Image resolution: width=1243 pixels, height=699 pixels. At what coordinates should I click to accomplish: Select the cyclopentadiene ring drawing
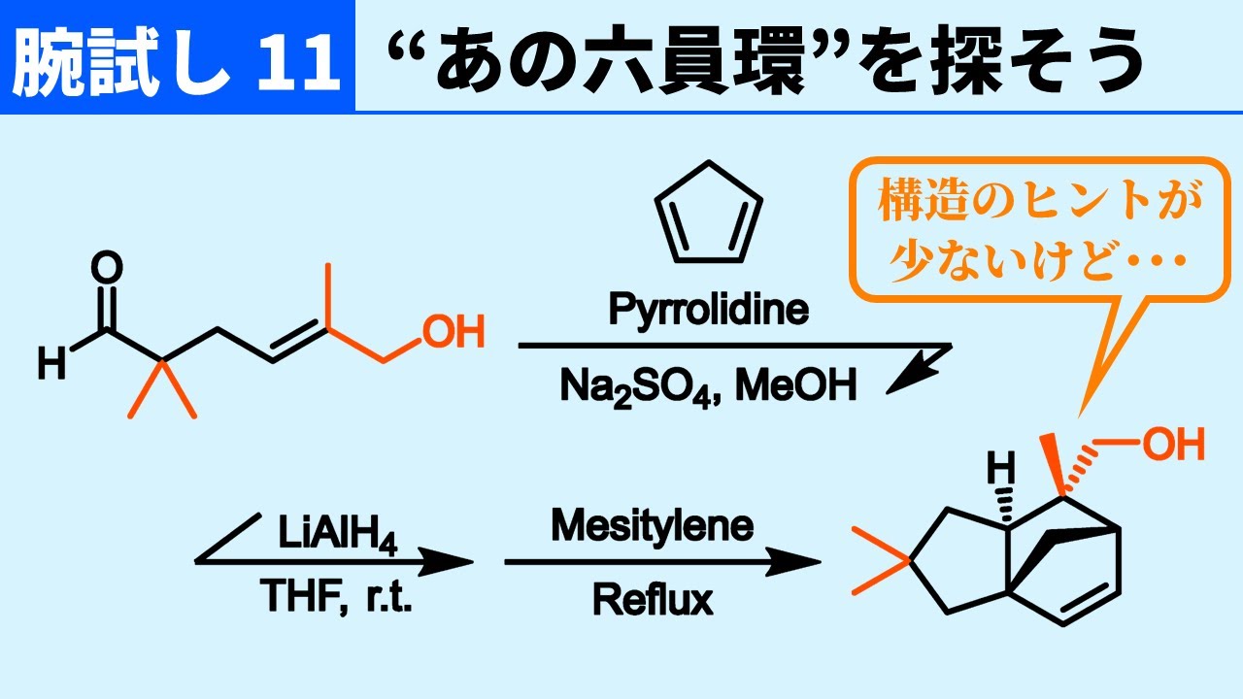tap(709, 213)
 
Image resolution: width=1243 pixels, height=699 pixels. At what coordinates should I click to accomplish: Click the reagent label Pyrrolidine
tap(709, 310)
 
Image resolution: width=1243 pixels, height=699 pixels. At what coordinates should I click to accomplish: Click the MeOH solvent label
tap(795, 385)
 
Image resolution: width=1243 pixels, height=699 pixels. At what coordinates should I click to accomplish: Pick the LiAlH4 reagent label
tap(338, 534)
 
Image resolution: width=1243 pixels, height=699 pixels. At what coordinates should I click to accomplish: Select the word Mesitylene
tap(653, 527)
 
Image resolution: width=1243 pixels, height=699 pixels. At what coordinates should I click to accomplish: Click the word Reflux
tap(654, 600)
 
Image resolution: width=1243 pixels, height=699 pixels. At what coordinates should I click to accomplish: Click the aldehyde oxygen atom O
tap(107, 267)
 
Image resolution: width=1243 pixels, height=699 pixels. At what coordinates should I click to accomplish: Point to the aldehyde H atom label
tap(51, 363)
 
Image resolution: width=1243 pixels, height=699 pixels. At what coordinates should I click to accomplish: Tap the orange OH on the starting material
tap(454, 332)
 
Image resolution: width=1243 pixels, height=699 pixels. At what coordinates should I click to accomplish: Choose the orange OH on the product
tap(1173, 444)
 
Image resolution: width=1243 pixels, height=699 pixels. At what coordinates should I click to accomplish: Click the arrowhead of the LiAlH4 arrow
tap(445, 561)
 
